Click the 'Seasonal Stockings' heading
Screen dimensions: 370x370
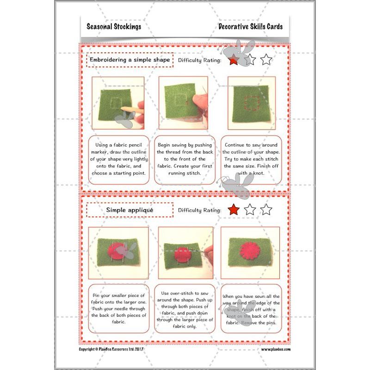click(114, 26)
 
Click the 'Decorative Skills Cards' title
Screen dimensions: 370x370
click(250, 26)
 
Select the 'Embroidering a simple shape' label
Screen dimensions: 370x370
click(129, 60)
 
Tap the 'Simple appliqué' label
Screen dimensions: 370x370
click(129, 210)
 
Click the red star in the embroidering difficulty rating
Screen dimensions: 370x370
click(234, 60)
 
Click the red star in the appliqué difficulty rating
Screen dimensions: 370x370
click(234, 210)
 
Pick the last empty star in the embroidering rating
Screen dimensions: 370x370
click(266, 60)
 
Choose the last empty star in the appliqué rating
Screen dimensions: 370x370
click(266, 210)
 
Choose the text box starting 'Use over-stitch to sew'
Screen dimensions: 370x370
click(185, 308)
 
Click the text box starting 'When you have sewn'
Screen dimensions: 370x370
click(251, 308)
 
